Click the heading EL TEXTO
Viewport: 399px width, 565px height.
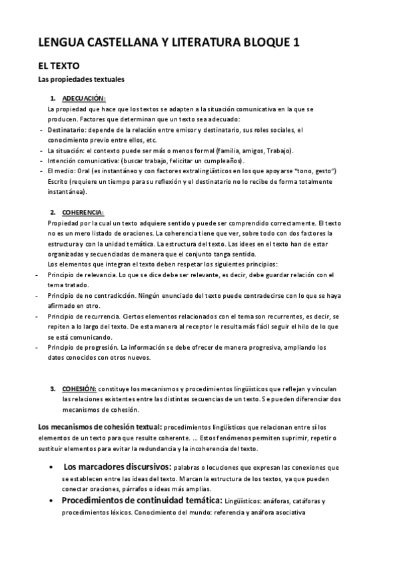point(59,67)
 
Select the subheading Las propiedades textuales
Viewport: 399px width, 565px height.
point(81,80)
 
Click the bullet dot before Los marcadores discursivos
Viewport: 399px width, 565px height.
point(52,468)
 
